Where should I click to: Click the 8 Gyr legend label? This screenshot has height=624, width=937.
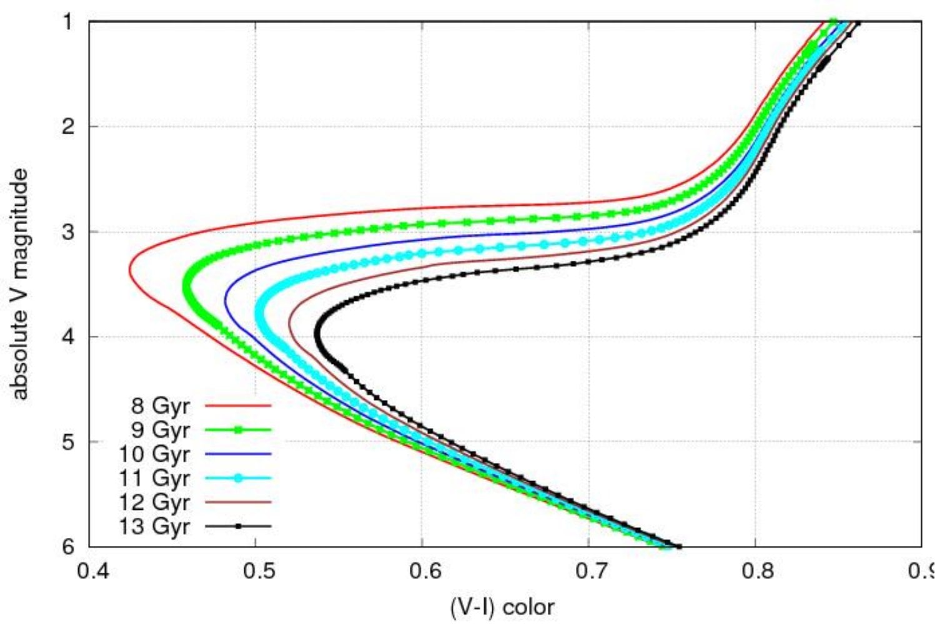161,406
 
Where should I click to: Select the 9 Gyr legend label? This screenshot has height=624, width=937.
161,430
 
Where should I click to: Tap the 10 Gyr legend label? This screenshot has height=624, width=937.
154,454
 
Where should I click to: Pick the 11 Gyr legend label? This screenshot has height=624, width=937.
154,478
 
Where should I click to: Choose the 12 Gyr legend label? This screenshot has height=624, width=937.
154,502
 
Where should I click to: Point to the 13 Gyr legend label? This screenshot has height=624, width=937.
154,527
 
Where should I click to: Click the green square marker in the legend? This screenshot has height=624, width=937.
238,430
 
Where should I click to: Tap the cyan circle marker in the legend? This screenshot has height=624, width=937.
238,478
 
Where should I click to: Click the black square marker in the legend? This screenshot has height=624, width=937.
238,527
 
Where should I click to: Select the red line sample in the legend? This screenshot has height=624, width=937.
238,406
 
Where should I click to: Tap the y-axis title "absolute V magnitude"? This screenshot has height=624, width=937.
19,284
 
